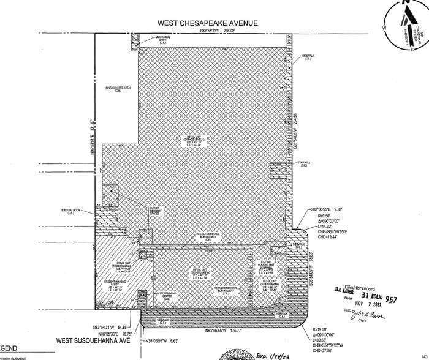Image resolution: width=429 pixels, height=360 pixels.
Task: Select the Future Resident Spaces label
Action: pyautogui.click(x=159, y=212)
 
